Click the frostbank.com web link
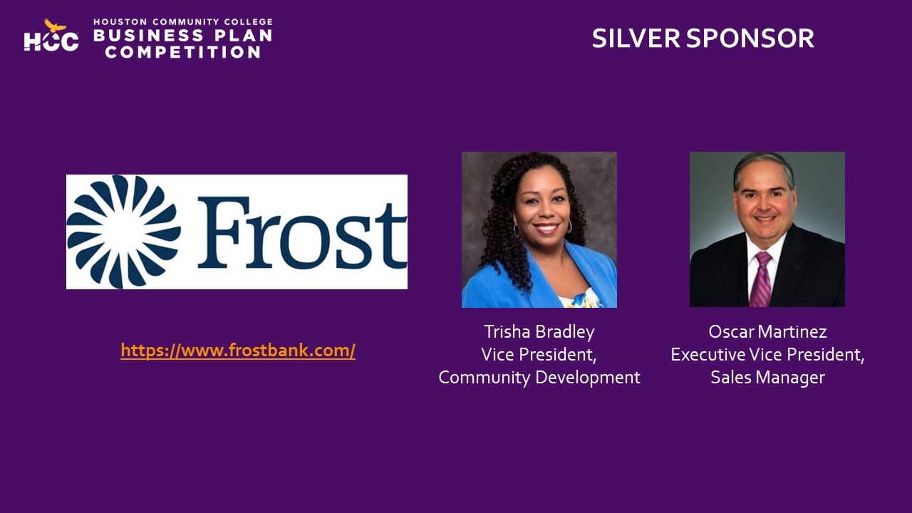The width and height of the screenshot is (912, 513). pyautogui.click(x=238, y=351)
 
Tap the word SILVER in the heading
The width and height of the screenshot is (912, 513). pyautogui.click(x=636, y=38)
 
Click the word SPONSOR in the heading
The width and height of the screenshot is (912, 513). pyautogui.click(x=750, y=38)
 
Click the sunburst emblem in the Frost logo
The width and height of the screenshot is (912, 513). pyautogui.click(x=124, y=232)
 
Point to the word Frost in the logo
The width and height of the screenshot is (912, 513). pyautogui.click(x=302, y=232)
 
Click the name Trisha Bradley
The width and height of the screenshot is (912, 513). pyautogui.click(x=539, y=332)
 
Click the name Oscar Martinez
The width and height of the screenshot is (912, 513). pyautogui.click(x=767, y=332)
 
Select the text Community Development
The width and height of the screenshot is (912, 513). pyautogui.click(x=539, y=378)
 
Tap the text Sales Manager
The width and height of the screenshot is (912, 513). pyautogui.click(x=767, y=378)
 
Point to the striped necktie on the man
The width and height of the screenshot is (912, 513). pyautogui.click(x=760, y=279)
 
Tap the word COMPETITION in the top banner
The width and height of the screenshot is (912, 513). pyautogui.click(x=183, y=52)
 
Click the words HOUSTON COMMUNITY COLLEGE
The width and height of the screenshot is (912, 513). pyautogui.click(x=183, y=21)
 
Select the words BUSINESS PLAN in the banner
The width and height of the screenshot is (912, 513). pyautogui.click(x=183, y=36)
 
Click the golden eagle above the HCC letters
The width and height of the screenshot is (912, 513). pyautogui.click(x=55, y=25)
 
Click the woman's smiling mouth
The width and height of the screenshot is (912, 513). pyautogui.click(x=546, y=227)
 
